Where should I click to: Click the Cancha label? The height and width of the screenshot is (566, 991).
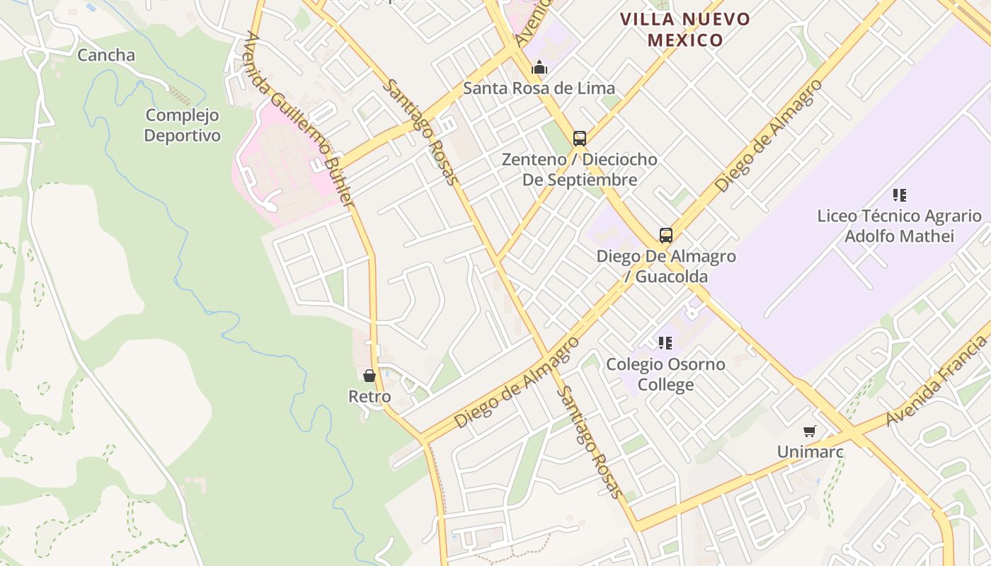(106, 55)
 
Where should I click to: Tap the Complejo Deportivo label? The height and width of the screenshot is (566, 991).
(183, 125)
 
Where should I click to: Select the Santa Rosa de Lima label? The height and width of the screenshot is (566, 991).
(539, 88)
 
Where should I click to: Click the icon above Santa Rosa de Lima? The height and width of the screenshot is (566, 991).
(539, 68)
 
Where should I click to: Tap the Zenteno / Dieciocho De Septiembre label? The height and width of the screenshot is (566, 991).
(580, 170)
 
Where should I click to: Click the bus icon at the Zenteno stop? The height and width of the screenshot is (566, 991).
(580, 138)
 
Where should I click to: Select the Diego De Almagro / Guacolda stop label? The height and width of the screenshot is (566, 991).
(666, 266)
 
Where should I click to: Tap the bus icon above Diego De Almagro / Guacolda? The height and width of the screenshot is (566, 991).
(666, 235)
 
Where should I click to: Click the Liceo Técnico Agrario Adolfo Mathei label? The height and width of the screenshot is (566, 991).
(899, 226)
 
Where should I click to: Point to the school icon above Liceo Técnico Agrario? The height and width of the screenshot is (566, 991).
(900, 195)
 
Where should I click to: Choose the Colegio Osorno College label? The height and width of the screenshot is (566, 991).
(665, 374)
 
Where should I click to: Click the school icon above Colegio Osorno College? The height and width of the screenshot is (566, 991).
(665, 343)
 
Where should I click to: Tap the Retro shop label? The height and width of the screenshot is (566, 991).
(370, 397)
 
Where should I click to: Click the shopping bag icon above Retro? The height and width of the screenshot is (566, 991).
(370, 376)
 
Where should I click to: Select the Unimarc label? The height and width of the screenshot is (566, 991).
(810, 451)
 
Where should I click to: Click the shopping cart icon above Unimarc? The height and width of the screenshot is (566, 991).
(810, 431)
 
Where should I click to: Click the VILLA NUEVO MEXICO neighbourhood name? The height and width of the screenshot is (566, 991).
(685, 29)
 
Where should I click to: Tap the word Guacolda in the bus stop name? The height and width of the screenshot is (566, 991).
(671, 276)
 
